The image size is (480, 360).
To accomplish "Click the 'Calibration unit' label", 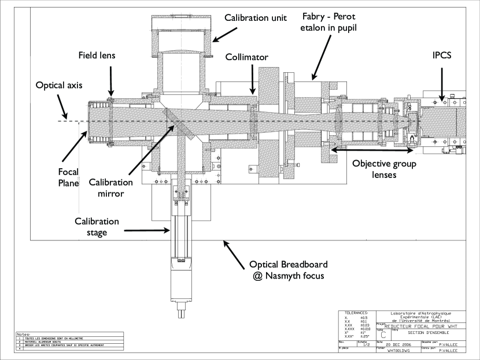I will pyautogui.click(x=256, y=16).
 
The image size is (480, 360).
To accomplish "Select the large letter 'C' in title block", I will pyautogui.click(x=383, y=333).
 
